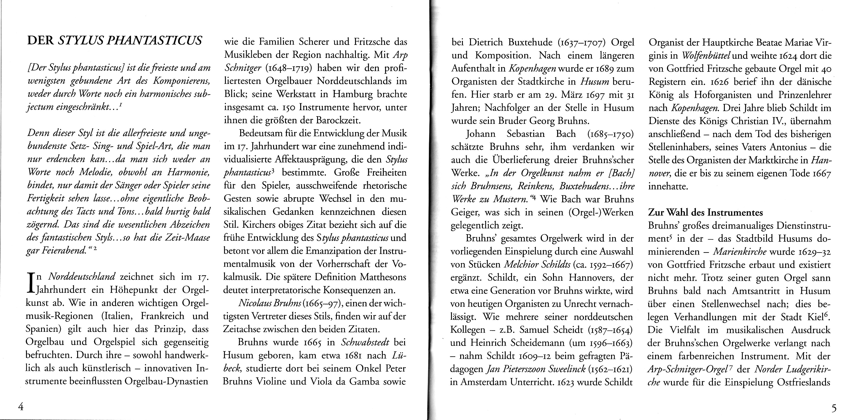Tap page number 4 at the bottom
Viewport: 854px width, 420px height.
pos(21,407)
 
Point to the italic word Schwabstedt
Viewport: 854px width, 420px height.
pos(362,342)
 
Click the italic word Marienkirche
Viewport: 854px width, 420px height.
pos(740,252)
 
